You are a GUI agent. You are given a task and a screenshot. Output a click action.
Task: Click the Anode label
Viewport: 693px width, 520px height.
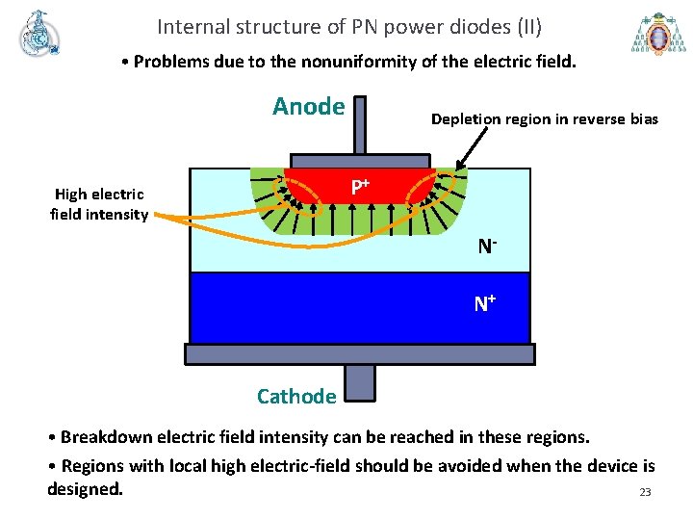tap(308, 106)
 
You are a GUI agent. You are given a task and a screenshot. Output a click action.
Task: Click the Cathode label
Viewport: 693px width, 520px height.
tap(296, 396)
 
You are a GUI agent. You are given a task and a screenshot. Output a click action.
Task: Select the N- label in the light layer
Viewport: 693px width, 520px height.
tap(487, 247)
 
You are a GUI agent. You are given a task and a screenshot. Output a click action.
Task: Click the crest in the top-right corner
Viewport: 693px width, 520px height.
tap(658, 34)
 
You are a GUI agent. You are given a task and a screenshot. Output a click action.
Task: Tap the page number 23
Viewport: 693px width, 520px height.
tap(645, 493)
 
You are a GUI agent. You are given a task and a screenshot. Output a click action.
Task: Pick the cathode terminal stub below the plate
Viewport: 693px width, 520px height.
tap(360, 381)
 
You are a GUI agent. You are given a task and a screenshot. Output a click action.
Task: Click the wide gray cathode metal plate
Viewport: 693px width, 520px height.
tap(360, 354)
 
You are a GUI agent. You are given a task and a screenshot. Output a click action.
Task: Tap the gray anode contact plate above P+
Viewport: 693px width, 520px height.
tap(360, 161)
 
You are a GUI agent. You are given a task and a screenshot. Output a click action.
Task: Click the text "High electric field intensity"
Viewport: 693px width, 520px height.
tap(98, 204)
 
